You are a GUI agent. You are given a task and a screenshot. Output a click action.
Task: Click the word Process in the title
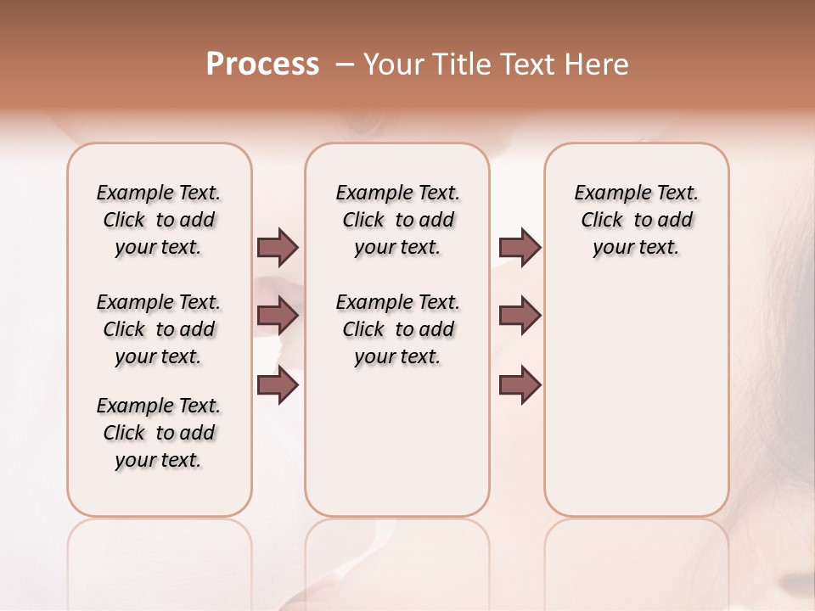(262, 64)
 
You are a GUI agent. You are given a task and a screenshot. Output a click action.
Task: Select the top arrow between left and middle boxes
(278, 247)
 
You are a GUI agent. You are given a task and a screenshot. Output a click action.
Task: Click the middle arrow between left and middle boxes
(278, 316)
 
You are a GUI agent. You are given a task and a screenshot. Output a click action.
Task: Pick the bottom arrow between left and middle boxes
(278, 385)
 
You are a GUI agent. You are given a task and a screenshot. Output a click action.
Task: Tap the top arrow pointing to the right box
(520, 247)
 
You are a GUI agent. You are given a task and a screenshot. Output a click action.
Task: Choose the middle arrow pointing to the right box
(520, 316)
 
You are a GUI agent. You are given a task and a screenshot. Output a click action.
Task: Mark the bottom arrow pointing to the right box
(520, 385)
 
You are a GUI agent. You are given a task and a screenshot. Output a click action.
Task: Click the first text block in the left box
(159, 220)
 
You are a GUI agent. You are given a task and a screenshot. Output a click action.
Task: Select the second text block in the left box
(159, 329)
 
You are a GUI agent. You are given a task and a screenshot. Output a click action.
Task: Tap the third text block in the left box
(159, 433)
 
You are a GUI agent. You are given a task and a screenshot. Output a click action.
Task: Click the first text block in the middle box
(397, 220)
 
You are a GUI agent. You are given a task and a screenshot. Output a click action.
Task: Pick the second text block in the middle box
(397, 329)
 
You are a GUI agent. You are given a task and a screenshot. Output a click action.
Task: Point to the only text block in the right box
(636, 220)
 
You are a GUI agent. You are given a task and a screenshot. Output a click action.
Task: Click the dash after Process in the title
(346, 64)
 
